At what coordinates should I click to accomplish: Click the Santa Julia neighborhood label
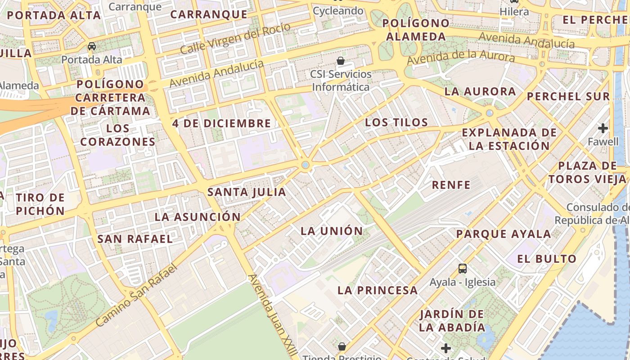tap(247, 192)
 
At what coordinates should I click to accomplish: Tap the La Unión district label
tap(332, 231)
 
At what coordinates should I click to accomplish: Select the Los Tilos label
tap(396, 122)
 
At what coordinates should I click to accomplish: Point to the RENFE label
tap(451, 185)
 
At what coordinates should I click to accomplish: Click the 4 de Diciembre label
tap(221, 123)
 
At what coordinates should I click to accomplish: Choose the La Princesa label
tap(378, 290)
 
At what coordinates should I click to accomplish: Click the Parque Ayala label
tap(504, 234)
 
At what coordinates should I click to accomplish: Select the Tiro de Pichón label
tap(40, 204)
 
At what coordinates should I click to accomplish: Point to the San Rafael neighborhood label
tap(135, 239)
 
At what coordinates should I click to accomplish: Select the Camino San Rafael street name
tap(137, 295)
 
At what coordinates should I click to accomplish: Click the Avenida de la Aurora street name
tap(460, 58)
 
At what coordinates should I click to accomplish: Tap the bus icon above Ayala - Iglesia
tap(462, 269)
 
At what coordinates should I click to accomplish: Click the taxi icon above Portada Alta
tap(92, 46)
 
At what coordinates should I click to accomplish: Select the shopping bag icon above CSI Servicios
tap(341, 61)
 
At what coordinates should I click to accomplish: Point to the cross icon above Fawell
tap(603, 128)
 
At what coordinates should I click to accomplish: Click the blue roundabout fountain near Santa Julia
tap(306, 165)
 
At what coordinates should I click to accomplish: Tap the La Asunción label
tap(198, 217)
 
